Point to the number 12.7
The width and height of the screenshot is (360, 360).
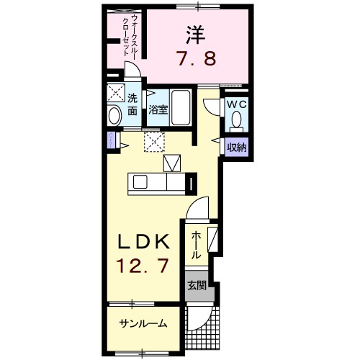(143, 266)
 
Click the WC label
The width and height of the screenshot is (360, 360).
(237, 104)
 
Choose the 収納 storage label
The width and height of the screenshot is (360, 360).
(237, 148)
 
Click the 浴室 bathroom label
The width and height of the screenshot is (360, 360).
(158, 110)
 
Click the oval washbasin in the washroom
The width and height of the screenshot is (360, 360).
(114, 115)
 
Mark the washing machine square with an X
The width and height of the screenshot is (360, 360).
(114, 94)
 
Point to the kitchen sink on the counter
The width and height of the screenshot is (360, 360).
(172, 163)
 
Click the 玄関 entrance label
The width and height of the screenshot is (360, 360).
(197, 285)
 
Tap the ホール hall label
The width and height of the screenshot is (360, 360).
(195, 245)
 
